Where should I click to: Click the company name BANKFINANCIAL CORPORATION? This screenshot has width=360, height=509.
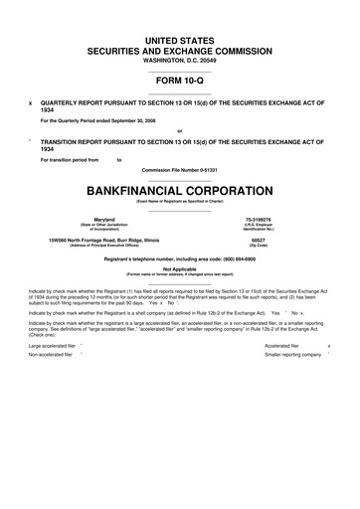[180, 188]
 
